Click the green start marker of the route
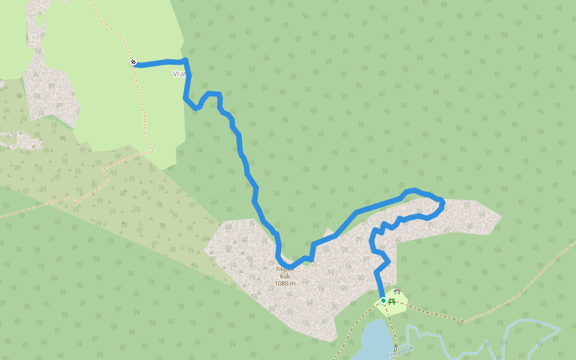(x=383, y=301)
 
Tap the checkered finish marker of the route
(x=133, y=62)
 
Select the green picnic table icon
(x=392, y=301)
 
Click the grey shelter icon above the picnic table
(x=397, y=292)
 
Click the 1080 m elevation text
(x=286, y=283)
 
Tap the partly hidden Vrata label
(x=179, y=74)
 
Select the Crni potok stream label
(x=400, y=352)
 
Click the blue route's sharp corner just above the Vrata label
(x=186, y=60)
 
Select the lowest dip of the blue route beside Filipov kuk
(x=289, y=266)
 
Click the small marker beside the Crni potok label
(x=395, y=346)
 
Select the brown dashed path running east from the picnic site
(x=432, y=313)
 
